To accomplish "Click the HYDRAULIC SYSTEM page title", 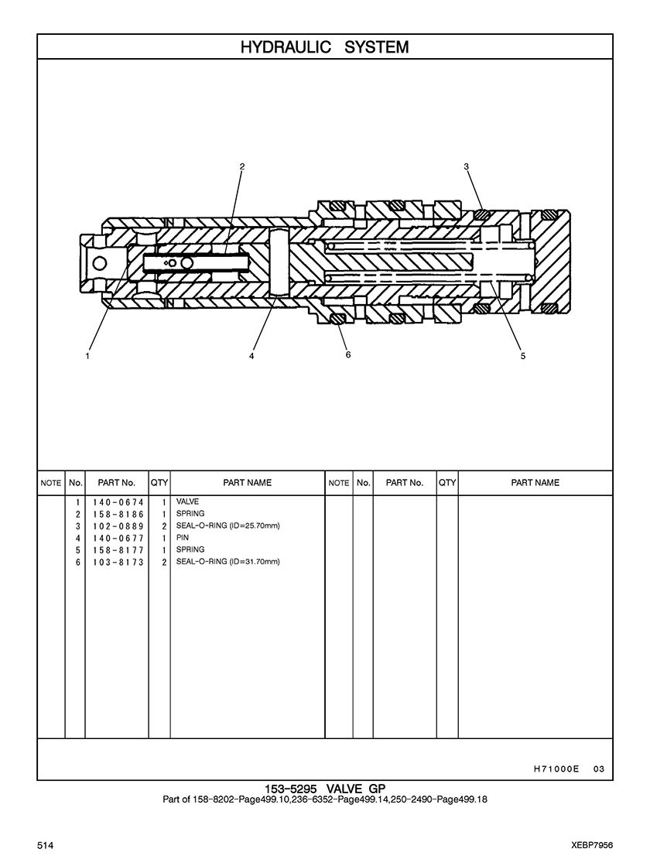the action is click(x=325, y=47).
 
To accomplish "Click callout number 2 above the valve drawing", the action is click(x=242, y=166).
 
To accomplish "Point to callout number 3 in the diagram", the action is click(x=466, y=166).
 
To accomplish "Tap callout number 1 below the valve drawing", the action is click(x=87, y=356).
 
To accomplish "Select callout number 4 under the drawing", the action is click(x=251, y=356).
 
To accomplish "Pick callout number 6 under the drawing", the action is click(x=348, y=354).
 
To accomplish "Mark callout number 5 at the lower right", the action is click(x=523, y=356).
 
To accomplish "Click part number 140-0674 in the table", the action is click(x=118, y=502).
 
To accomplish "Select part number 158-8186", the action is click(x=118, y=514).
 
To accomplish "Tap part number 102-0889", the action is click(x=118, y=525).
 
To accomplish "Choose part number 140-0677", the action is click(x=118, y=538).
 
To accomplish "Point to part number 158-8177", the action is click(x=118, y=550).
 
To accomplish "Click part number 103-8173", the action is click(x=118, y=562).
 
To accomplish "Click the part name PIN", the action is click(x=183, y=537).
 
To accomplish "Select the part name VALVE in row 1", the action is click(x=187, y=501).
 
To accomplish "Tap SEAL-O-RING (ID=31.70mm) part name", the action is click(x=228, y=562).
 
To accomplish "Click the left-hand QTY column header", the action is click(x=159, y=483).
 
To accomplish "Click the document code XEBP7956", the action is click(x=593, y=846).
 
